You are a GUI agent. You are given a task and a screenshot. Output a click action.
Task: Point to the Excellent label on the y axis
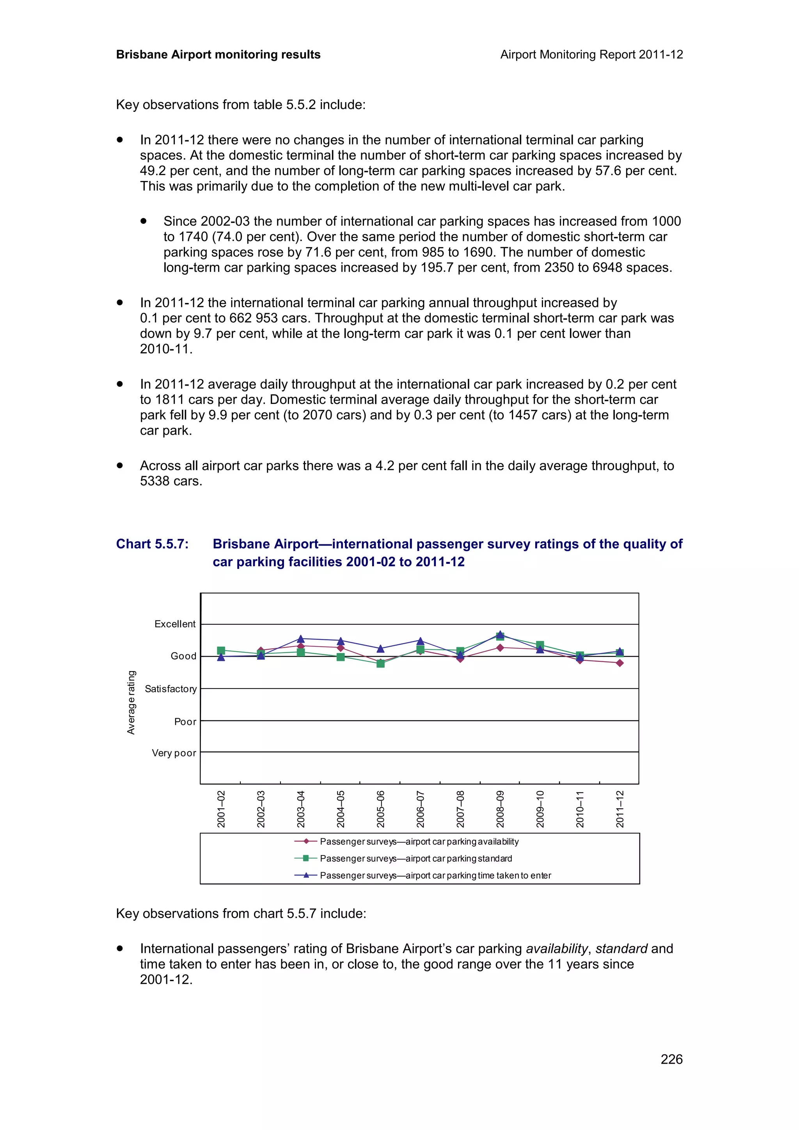[175, 624]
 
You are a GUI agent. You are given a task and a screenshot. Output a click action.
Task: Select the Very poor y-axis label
[174, 753]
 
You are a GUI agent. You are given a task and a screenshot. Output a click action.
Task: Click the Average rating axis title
[131, 702]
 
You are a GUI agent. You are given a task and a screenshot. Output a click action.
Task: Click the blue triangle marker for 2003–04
[301, 638]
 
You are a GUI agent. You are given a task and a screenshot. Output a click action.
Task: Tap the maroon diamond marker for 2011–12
[620, 663]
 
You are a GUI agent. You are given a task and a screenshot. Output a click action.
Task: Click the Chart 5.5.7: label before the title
[152, 544]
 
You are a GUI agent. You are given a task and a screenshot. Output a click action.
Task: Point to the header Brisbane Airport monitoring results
[218, 55]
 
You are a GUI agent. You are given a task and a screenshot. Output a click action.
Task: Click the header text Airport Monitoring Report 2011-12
[591, 55]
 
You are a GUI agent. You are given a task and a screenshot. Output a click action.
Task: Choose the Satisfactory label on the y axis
[170, 689]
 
